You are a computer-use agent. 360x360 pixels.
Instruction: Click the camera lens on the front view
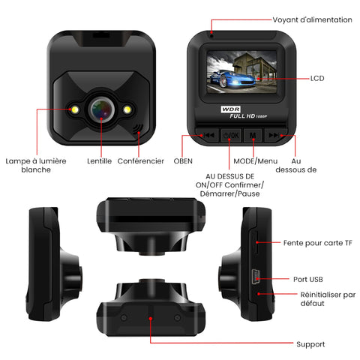[101, 109]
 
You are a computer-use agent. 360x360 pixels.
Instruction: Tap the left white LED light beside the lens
[75, 109]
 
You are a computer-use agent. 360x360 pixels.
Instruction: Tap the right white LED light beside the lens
[127, 109]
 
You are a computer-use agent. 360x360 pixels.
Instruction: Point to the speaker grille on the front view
[136, 128]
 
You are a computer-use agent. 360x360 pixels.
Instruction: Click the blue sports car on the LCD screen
[232, 79]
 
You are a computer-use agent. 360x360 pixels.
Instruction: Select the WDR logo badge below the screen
[230, 109]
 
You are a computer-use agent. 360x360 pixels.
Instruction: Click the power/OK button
[231, 135]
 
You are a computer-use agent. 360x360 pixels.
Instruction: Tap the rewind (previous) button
[208, 135]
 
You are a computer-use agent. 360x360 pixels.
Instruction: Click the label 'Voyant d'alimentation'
[312, 19]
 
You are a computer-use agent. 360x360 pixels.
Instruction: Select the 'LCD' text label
[317, 79]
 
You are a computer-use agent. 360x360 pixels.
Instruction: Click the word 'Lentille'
[99, 161]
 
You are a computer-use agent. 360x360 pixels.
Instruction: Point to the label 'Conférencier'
[141, 161]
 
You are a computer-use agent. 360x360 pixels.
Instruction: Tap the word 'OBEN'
[183, 161]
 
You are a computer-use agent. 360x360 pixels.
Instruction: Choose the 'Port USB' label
[308, 279]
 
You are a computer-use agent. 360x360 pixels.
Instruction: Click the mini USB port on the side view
[254, 277]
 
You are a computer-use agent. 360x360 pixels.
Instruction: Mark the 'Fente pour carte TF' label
[318, 243]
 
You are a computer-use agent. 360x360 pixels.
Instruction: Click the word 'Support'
[310, 344]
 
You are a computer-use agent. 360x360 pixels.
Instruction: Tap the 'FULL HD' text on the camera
[242, 116]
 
